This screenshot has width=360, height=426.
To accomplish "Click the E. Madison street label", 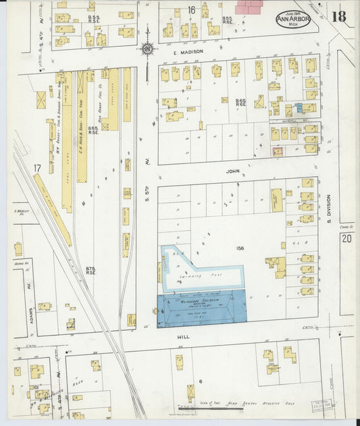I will tap(183, 53).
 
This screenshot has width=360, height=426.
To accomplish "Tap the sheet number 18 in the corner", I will tap(338, 16).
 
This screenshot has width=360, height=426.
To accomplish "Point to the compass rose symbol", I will tap(147, 49).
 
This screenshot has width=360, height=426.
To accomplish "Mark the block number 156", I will tap(239, 248).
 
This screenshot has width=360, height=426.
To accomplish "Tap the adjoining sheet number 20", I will tap(346, 238).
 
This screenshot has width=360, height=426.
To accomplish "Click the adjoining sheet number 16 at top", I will tap(192, 9).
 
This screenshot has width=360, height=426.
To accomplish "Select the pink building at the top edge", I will tap(249, 7).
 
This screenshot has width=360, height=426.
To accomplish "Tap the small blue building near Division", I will tap(299, 108).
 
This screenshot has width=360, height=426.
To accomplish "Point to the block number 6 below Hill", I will tap(201, 381).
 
